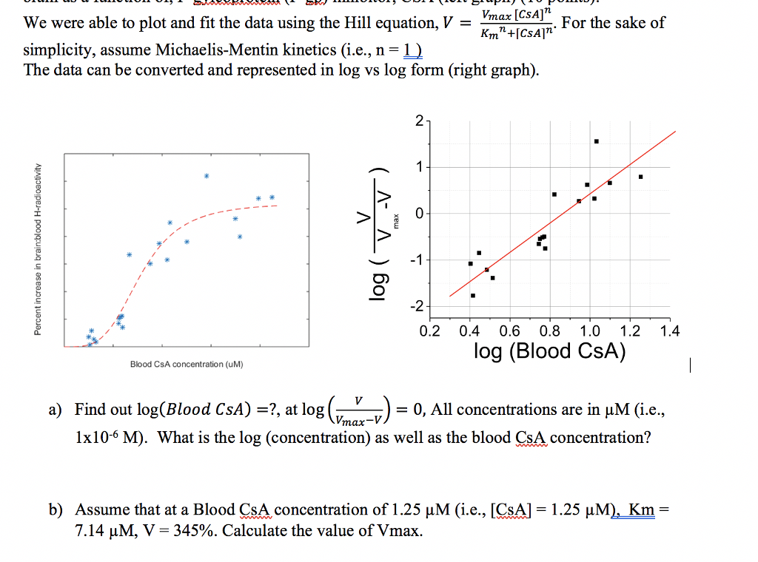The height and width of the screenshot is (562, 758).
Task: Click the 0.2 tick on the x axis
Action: click(x=429, y=331)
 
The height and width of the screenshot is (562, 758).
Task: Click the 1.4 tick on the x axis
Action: click(x=669, y=331)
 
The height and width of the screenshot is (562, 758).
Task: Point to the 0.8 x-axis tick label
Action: click(x=549, y=331)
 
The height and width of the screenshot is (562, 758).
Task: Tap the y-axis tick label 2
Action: click(x=420, y=121)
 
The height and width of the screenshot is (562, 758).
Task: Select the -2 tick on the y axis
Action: click(x=417, y=306)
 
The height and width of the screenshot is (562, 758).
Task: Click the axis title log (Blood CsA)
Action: click(x=549, y=351)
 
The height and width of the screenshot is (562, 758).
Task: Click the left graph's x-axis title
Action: click(x=187, y=364)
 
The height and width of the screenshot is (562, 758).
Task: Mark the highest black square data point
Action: click(x=596, y=141)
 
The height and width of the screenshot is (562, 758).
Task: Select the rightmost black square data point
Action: click(x=640, y=177)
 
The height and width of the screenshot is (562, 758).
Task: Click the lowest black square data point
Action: click(x=473, y=296)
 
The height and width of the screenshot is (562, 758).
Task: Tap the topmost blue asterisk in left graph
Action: click(x=207, y=176)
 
